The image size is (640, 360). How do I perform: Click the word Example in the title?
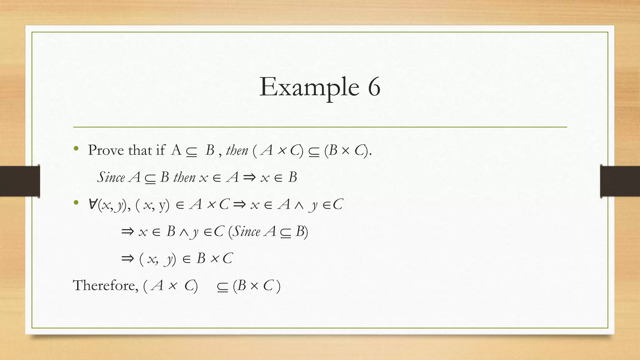(309, 87)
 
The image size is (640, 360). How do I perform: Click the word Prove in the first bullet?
(106, 150)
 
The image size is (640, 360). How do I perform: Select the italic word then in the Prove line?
(237, 151)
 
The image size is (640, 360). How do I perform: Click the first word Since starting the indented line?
(111, 177)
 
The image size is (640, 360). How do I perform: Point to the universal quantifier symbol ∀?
(93, 205)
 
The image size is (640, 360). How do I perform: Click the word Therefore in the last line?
(105, 285)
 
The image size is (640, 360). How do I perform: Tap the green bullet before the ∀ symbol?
(76, 203)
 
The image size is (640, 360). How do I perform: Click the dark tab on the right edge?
(620, 181)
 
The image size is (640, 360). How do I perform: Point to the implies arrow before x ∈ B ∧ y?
(127, 232)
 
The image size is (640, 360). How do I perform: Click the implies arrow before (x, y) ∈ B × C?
(127, 259)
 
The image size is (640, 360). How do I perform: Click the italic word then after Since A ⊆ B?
(184, 177)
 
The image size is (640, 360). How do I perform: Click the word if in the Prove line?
(160, 150)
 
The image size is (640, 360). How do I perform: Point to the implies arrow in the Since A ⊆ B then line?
(249, 177)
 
